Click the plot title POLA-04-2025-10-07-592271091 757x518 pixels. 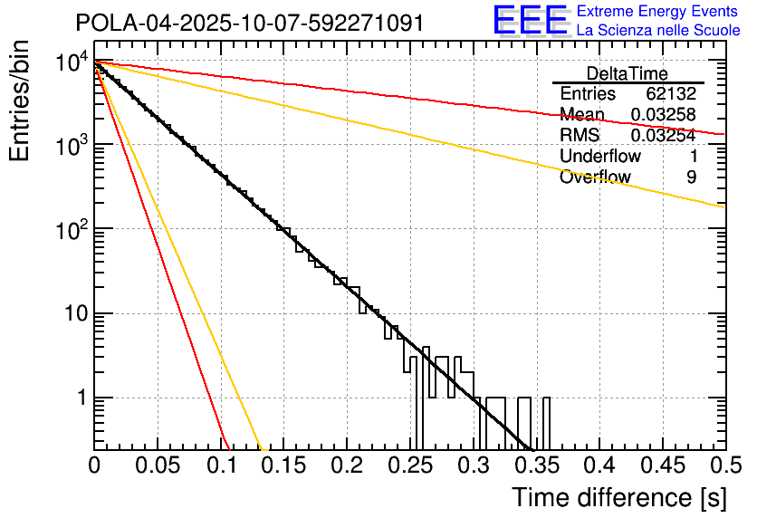(x=249, y=23)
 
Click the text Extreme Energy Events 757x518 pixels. (x=658, y=13)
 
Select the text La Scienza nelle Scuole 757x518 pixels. (x=658, y=31)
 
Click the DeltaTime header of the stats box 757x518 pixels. (x=628, y=73)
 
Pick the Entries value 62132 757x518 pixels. (x=671, y=94)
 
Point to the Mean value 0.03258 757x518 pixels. (x=663, y=115)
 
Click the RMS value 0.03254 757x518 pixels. (x=663, y=136)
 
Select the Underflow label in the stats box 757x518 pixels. (x=593, y=157)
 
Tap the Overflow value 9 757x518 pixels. (x=691, y=177)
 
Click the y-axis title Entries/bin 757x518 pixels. (x=20, y=101)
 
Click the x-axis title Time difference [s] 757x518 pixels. (x=619, y=497)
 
